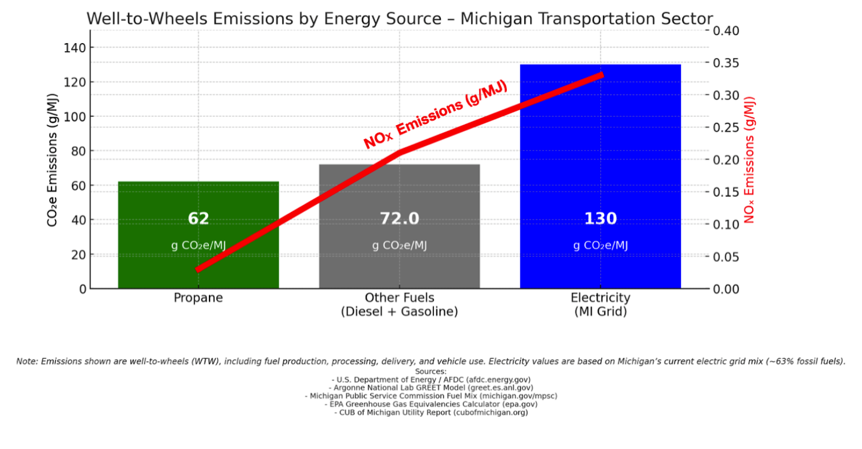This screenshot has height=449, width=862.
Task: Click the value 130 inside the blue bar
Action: (600, 219)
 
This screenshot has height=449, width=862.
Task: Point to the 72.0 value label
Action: (399, 219)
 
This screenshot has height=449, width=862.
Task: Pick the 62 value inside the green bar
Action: (198, 219)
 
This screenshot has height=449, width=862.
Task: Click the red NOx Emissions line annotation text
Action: (435, 114)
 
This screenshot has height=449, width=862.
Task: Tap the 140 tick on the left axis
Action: (74, 48)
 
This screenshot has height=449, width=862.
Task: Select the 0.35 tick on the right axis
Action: (726, 63)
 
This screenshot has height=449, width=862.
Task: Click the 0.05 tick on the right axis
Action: (726, 257)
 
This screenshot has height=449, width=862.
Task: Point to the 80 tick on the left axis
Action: (78, 151)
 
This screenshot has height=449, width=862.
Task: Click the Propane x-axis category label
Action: (198, 298)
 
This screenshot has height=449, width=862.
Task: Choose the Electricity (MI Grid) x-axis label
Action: (600, 304)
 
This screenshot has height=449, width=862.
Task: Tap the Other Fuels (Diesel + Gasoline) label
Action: (399, 304)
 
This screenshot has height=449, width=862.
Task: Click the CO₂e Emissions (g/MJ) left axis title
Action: (52, 160)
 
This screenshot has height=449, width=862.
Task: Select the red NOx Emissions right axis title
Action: (749, 160)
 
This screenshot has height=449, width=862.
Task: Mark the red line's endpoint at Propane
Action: (199, 269)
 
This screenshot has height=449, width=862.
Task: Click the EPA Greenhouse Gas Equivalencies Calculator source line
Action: (431, 404)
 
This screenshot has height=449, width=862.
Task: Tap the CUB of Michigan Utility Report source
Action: (431, 412)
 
